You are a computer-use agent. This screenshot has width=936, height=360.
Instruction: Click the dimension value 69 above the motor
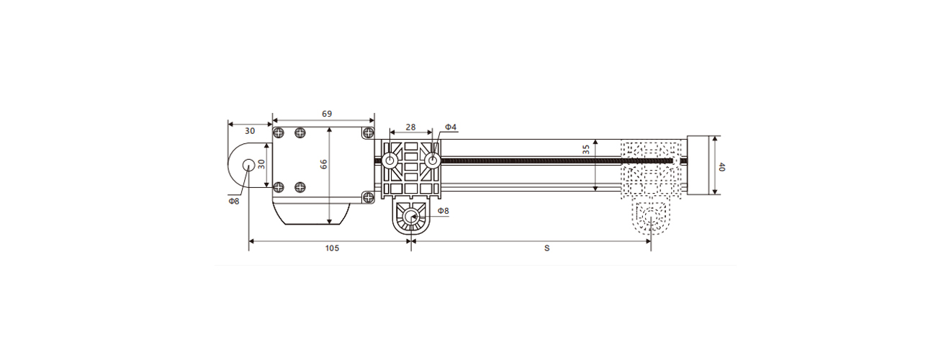[x=326, y=114]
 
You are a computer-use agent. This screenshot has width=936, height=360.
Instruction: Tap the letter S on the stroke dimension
[x=547, y=248]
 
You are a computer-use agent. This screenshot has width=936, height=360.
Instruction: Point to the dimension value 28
[x=410, y=127]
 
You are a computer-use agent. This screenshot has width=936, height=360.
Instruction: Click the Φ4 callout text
[x=451, y=127]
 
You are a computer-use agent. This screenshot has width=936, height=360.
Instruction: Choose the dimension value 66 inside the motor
[x=323, y=164]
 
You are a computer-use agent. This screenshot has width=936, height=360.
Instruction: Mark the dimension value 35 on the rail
[x=586, y=150]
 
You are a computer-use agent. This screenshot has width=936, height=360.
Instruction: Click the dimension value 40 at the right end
[x=722, y=166]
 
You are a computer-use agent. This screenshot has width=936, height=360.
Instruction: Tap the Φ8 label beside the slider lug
[x=444, y=211]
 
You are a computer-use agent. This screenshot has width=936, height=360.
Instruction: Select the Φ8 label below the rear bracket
[x=233, y=201]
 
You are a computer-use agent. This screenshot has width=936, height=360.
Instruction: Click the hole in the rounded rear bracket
[x=248, y=164]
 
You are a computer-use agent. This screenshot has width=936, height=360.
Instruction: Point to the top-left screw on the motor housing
[x=278, y=132]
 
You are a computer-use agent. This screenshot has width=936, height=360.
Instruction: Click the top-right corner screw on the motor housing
[x=368, y=132]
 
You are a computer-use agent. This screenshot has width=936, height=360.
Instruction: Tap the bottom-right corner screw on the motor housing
[x=368, y=196]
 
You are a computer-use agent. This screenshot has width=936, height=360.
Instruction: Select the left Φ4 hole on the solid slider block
[x=389, y=161]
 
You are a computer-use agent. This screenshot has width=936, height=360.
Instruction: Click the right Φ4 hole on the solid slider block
[x=433, y=161]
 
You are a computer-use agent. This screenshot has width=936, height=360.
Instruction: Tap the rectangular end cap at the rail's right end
[x=698, y=165]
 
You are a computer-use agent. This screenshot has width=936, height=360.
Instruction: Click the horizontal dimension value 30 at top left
[x=250, y=131]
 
